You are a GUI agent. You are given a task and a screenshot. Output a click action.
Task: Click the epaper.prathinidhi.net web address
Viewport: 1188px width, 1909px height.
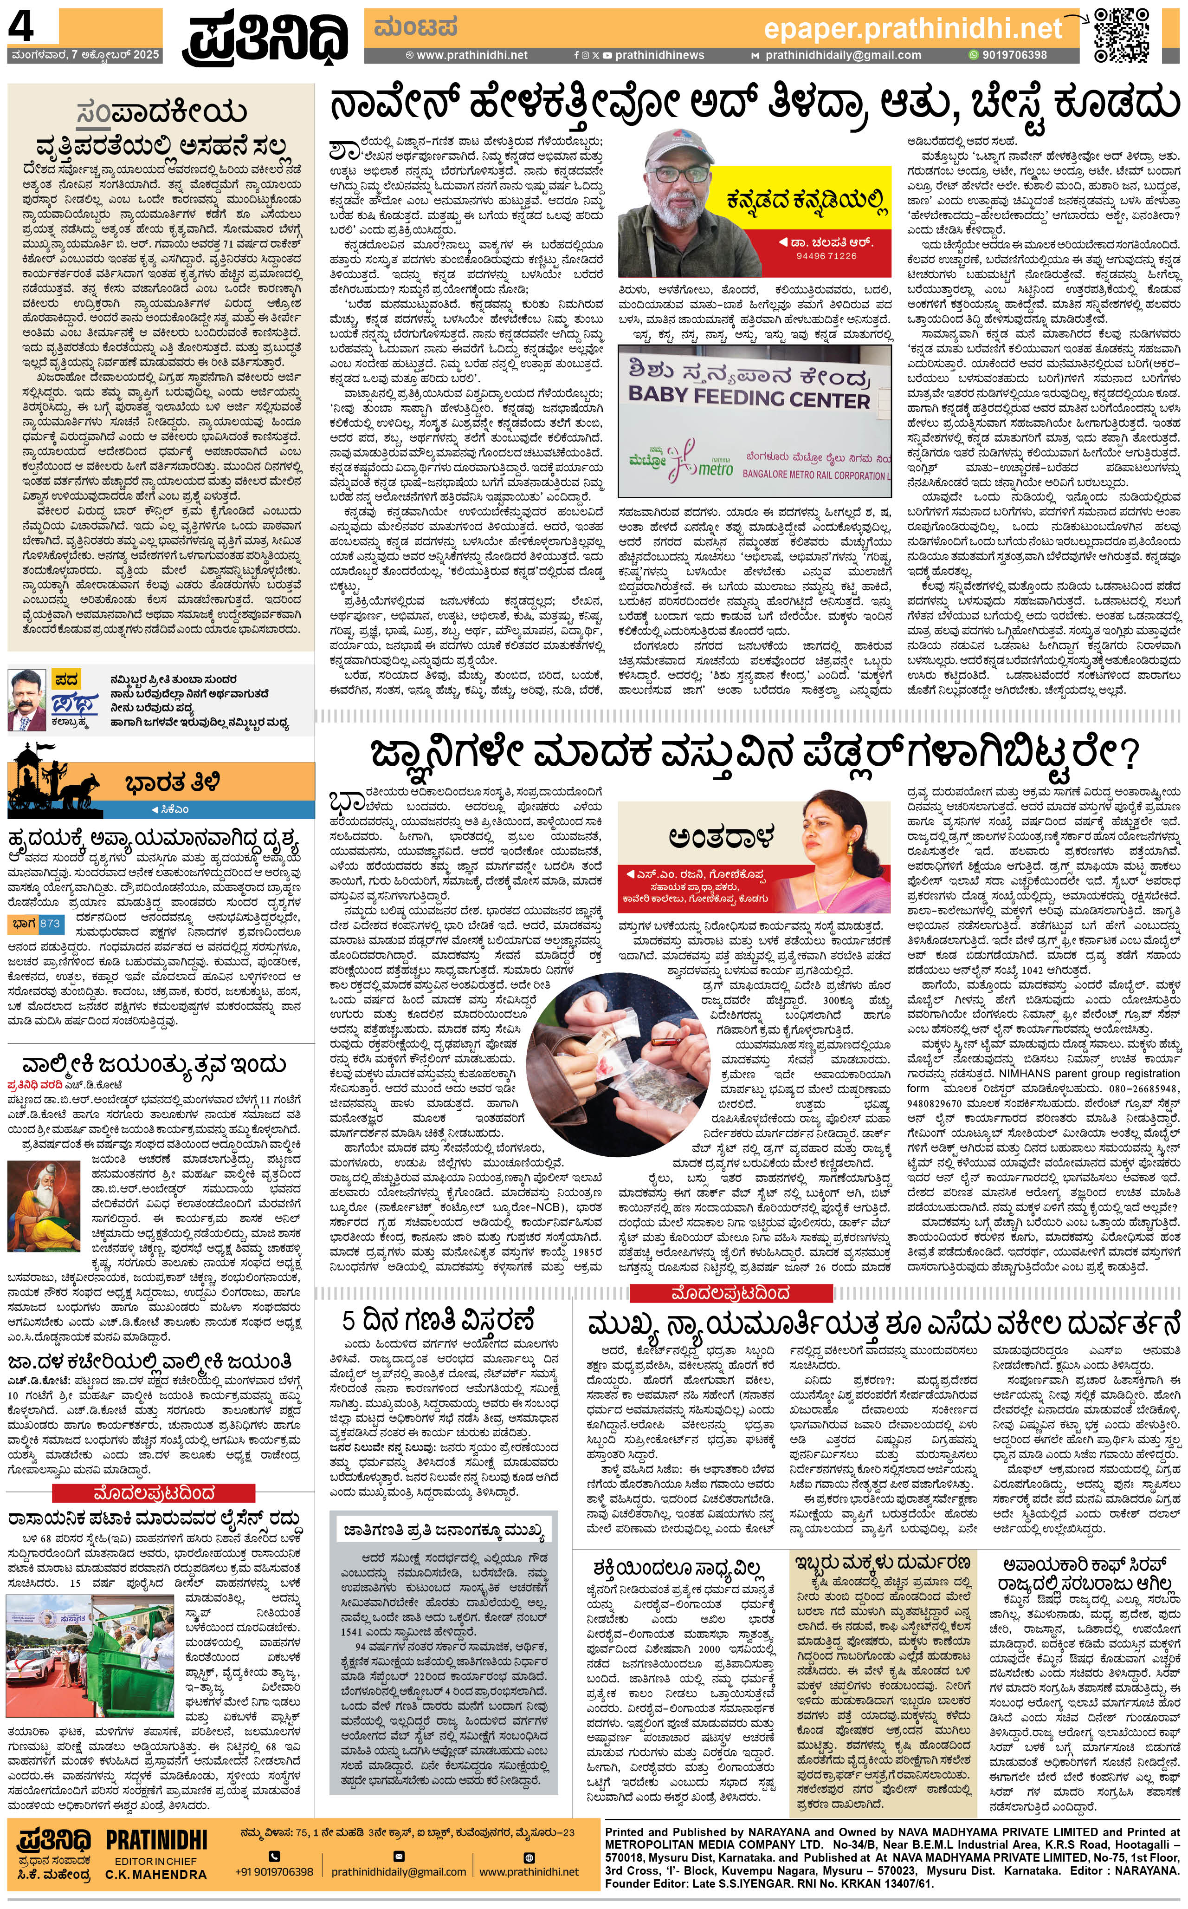912,30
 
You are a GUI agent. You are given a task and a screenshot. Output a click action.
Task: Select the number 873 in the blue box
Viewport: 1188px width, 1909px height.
50,924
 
